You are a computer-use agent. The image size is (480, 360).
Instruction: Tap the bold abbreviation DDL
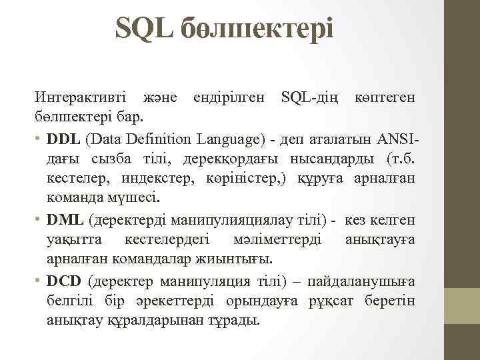(x=65, y=139)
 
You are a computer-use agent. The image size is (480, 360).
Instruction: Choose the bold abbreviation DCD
(x=65, y=280)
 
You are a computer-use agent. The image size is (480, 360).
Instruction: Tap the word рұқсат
(x=331, y=300)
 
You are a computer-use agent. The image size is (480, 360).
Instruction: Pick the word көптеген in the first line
(x=384, y=97)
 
